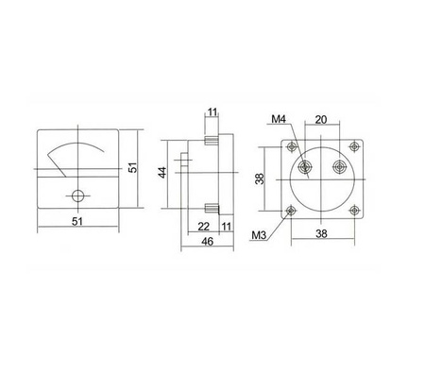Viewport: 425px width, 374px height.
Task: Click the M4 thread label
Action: (x=277, y=120)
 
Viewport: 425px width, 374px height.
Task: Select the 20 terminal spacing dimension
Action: (x=322, y=120)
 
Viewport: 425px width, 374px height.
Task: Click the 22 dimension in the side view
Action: (x=203, y=227)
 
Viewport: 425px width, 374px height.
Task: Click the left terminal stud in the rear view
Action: (x=305, y=168)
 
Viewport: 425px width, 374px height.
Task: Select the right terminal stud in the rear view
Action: (x=338, y=168)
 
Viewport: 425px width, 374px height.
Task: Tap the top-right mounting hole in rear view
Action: (x=355, y=145)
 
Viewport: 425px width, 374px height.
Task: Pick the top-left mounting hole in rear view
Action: (x=290, y=145)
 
